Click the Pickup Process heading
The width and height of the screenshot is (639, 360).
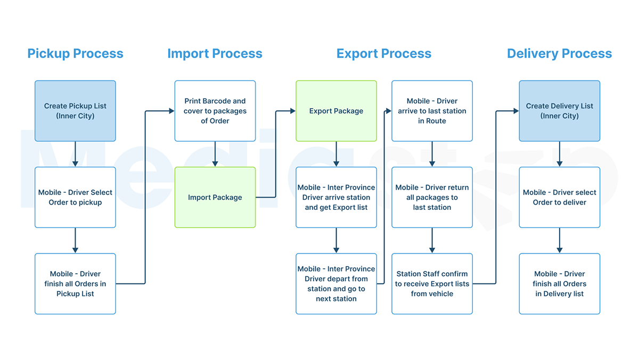75,54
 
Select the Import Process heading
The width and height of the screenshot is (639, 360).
215,54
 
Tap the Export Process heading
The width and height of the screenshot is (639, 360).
383,54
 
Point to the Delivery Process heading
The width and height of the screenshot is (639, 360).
559,54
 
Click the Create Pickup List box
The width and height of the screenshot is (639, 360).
75,111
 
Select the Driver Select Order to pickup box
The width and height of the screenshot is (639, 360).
75,198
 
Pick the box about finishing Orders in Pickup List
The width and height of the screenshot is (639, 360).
75,284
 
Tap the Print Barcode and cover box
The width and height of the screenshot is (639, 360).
215,111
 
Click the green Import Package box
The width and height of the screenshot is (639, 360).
215,198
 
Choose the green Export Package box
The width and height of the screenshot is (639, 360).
336,111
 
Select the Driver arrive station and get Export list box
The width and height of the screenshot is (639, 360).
336,198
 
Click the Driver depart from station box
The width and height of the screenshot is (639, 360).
336,284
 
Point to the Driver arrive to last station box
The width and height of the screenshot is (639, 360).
432,111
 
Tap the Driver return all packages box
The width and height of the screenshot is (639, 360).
432,198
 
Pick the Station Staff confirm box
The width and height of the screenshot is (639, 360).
432,284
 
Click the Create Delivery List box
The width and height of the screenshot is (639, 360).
559,111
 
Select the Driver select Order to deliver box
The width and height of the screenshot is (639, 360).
559,198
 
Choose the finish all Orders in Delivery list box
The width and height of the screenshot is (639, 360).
559,284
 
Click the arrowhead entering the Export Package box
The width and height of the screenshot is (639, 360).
292,111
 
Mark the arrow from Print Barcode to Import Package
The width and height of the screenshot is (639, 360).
215,154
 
